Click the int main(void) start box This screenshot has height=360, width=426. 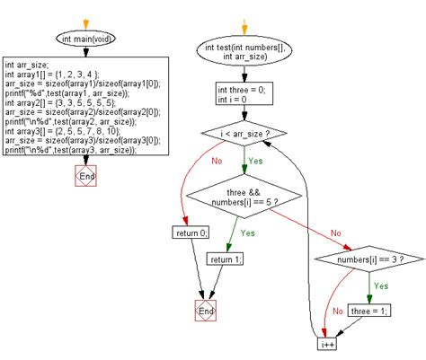point(86,39)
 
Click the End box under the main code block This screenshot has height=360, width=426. point(86,177)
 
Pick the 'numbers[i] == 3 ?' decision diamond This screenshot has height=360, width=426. point(368,260)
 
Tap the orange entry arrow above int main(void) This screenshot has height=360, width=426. point(86,22)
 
